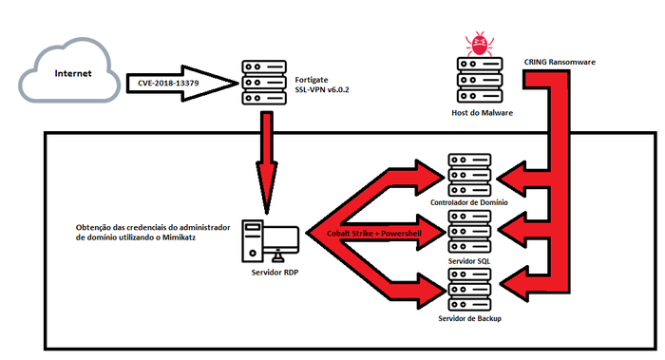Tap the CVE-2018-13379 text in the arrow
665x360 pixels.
point(168,83)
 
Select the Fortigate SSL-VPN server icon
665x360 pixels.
point(264,83)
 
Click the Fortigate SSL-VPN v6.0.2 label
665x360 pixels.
point(322,85)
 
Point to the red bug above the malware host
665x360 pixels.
point(479,44)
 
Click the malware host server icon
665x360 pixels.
point(480,80)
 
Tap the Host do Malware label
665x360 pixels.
point(483,113)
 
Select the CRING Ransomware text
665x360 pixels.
point(560,62)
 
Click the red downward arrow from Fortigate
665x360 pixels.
point(266,162)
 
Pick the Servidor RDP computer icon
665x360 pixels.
point(270,241)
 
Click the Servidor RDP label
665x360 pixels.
point(275,273)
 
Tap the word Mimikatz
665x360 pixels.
point(179,237)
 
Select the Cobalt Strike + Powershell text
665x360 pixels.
point(374,234)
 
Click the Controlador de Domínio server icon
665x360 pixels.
point(469,175)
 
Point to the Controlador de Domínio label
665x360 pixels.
point(469,202)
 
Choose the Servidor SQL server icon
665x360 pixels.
point(469,232)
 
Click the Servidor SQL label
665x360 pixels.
point(469,261)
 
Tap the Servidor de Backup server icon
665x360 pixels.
point(469,290)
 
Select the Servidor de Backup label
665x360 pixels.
point(469,318)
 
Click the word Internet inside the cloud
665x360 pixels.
point(73,73)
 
